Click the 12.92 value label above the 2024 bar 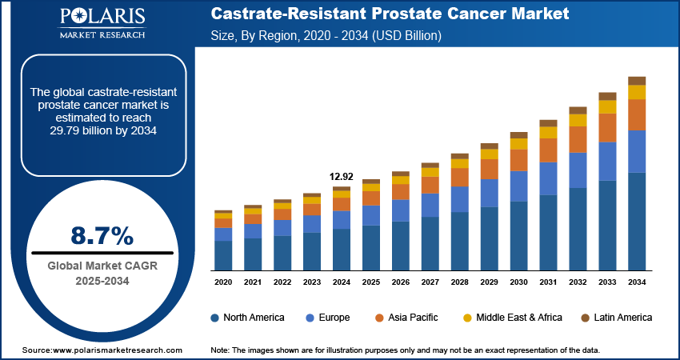click(x=341, y=176)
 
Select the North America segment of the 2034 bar click(x=637, y=221)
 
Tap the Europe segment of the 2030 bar click(x=519, y=186)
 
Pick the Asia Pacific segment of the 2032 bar click(x=578, y=139)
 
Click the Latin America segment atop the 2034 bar click(x=637, y=80)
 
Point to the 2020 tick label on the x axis click(x=223, y=282)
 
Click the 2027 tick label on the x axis click(x=430, y=282)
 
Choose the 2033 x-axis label click(x=607, y=282)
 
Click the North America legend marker click(x=215, y=318)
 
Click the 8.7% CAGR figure click(x=102, y=235)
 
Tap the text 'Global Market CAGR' click(x=102, y=266)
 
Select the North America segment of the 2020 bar click(x=223, y=255)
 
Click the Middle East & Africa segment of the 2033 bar click(x=607, y=106)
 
